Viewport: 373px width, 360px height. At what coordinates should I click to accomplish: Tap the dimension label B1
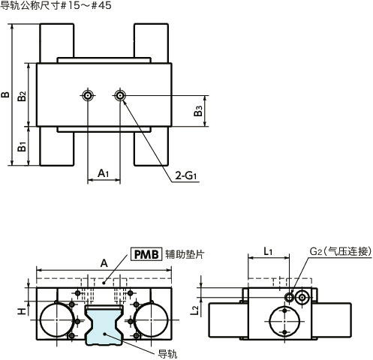point(23,147)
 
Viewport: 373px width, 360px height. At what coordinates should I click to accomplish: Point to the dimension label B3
point(197,111)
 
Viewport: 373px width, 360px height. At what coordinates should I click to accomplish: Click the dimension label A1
point(104,174)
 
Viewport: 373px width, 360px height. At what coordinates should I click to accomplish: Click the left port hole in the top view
point(89,95)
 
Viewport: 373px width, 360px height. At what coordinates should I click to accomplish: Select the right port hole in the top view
point(119,95)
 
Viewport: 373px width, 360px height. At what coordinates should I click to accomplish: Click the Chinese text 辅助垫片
point(185,254)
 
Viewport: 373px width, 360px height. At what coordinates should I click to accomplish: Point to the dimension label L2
point(194,310)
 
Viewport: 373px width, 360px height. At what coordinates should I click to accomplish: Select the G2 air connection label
point(339,251)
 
